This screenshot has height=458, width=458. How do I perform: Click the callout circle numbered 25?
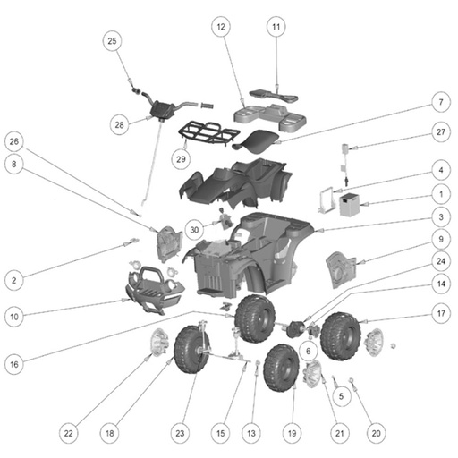point(112,41)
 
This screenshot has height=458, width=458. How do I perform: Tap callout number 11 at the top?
point(276,27)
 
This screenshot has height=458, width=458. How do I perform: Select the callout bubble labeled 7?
point(441,102)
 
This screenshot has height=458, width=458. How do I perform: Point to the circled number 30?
point(194,230)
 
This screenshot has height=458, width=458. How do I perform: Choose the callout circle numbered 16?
point(14,364)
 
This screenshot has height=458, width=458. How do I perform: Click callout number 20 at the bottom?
point(376,433)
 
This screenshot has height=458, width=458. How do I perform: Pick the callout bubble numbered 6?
point(309,351)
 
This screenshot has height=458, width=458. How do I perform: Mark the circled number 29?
point(181,159)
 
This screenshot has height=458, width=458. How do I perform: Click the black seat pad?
point(257,140)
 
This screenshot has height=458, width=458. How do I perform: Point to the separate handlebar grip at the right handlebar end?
point(208,106)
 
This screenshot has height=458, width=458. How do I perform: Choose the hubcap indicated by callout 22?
point(158,343)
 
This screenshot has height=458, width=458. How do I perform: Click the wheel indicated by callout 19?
point(281,369)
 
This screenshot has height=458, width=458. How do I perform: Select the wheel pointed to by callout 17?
point(341,336)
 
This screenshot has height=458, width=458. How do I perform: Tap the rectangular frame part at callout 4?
point(326,199)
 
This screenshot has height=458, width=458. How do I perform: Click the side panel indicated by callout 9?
point(341,270)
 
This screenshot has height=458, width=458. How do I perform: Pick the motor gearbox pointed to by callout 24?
point(294,329)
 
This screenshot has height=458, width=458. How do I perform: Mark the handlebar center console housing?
point(162,109)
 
